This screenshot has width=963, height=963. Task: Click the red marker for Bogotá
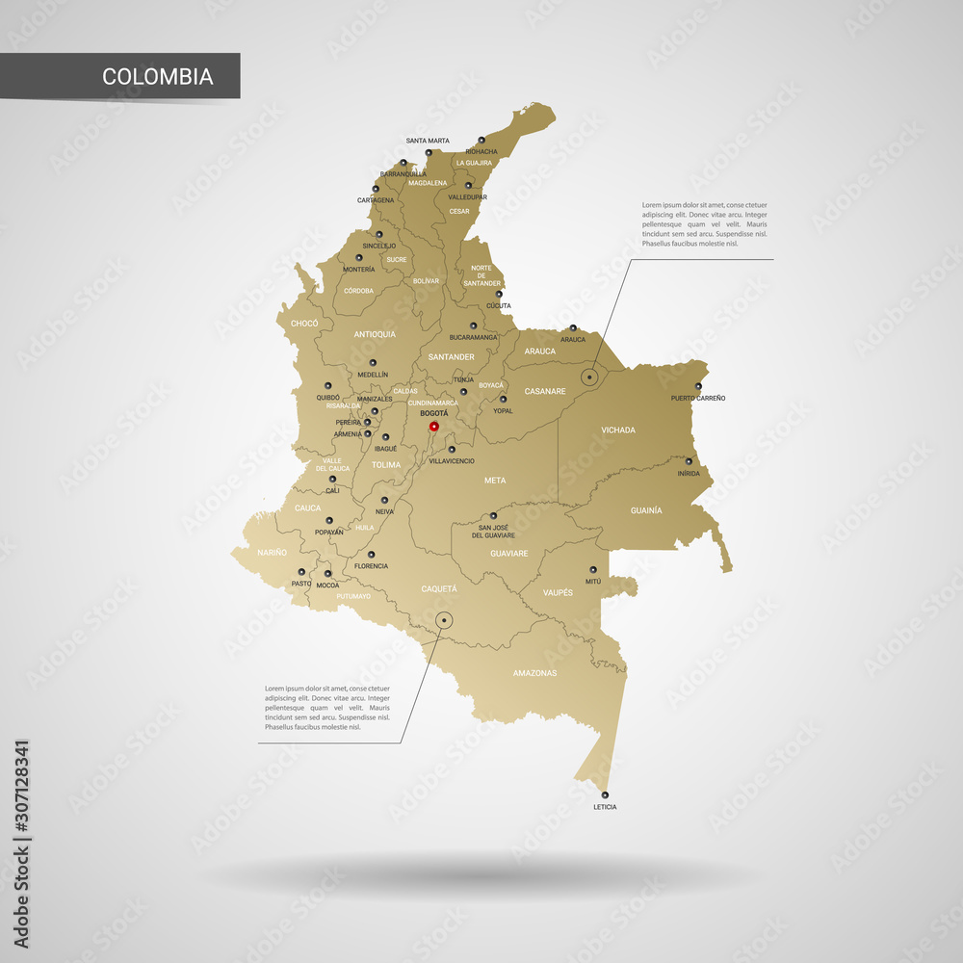coord(433,426)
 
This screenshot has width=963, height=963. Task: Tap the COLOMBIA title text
coord(158,76)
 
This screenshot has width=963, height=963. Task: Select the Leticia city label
coord(605,807)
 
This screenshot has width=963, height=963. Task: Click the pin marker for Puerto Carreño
coord(698,386)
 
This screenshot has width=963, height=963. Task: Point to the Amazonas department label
coord(534,673)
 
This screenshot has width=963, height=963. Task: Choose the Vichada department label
coord(618,430)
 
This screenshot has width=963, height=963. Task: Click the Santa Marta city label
coord(428,141)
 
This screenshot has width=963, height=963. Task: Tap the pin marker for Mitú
coord(592,569)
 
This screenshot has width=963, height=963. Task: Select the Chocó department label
coord(304,324)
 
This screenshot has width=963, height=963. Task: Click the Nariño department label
coord(272,553)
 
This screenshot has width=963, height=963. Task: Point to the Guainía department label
coord(646,509)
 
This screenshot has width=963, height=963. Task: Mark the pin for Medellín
coord(373,363)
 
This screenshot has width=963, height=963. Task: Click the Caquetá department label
coord(439,588)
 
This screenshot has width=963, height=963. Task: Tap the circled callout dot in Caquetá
coord(444,620)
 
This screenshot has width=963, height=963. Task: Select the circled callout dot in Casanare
coord(589,377)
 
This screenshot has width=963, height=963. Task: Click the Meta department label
coord(495,480)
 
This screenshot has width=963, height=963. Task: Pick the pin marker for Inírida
coord(689,461)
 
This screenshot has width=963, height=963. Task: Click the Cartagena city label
coord(376,200)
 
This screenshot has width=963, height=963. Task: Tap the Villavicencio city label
coord(452,461)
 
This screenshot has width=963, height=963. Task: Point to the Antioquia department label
coord(375,334)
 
